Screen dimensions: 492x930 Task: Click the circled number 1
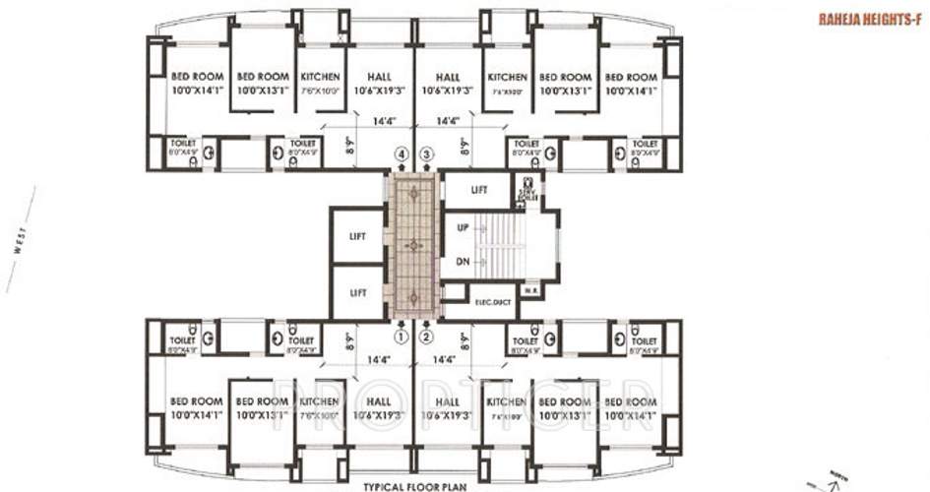point(401,336)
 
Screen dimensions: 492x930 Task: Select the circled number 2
point(426,336)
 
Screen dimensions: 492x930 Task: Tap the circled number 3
point(426,154)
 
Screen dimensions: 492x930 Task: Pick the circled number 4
point(401,154)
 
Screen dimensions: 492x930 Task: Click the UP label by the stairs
point(462,226)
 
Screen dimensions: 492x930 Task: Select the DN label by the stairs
point(462,261)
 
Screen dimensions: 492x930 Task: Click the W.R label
point(529,289)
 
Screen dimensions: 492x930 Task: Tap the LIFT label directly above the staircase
point(478,188)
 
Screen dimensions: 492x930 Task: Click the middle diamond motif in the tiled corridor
point(413,244)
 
